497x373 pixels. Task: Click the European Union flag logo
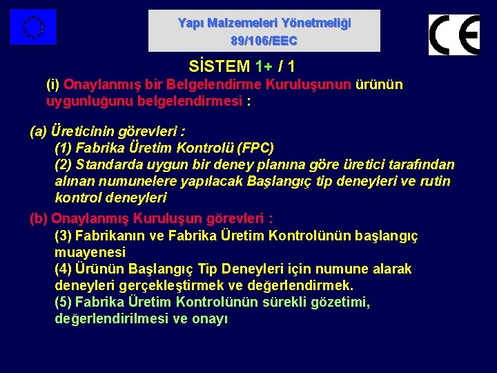pos(32,27)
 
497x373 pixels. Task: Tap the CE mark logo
pos(454,35)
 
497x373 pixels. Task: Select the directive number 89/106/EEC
pos(264,41)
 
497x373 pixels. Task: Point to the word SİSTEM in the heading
pos(219,67)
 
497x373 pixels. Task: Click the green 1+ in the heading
pos(263,67)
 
